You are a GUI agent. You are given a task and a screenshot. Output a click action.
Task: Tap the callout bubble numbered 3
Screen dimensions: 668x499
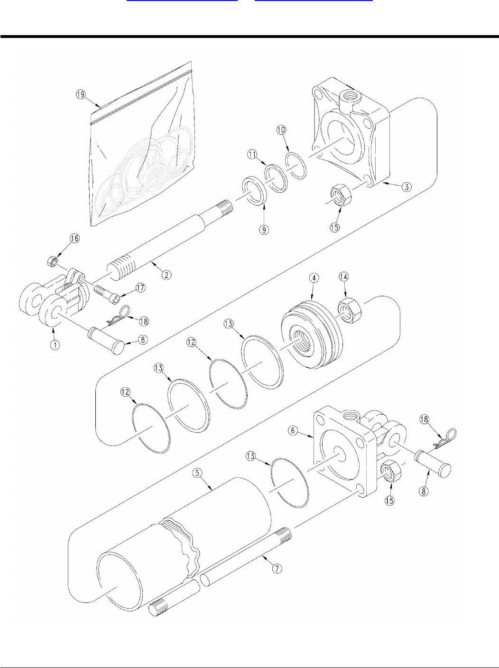click(407, 186)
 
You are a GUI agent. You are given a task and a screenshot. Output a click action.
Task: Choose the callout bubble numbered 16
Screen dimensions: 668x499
click(75, 238)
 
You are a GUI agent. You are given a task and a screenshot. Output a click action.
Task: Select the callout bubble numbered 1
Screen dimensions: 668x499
click(55, 345)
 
